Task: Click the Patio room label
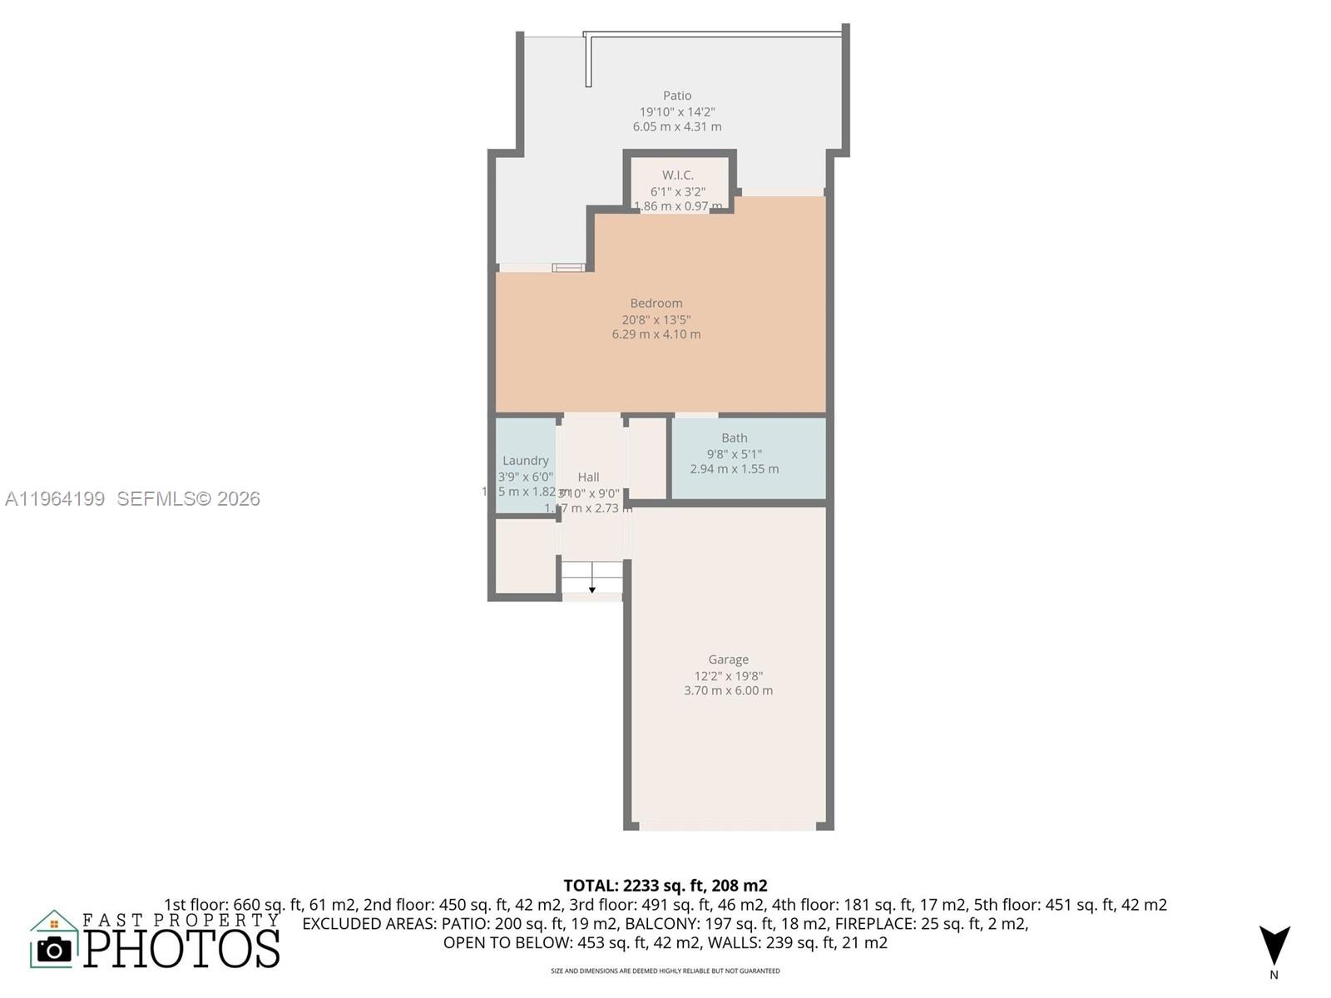coord(677,96)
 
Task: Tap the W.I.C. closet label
coord(678,175)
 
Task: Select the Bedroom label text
coord(656,304)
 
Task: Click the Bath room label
coord(735,438)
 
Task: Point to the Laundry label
coord(526,461)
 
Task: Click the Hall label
coord(588,477)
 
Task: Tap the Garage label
coord(729,660)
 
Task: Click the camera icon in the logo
coord(55,949)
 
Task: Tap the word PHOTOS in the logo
coord(181,949)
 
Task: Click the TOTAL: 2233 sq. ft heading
coord(665,886)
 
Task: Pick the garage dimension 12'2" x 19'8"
coord(729,676)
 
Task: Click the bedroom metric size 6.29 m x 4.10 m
coord(656,334)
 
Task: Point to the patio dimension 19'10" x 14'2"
coord(677,111)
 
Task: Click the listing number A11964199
coord(55,498)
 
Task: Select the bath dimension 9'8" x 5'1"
coord(735,454)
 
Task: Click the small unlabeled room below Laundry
coord(526,556)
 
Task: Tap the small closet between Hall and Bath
coord(647,457)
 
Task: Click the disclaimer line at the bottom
coord(665,971)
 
